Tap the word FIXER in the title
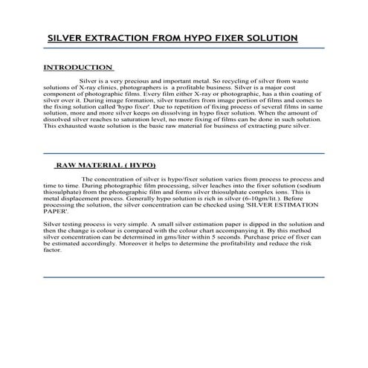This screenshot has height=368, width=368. [x=226, y=38]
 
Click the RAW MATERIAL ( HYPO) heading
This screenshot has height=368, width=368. [x=106, y=164]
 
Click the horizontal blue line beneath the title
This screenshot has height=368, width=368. [x=184, y=48]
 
